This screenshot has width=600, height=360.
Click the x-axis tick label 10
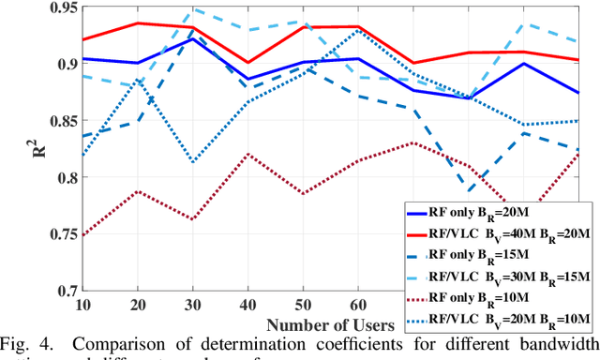[x=83, y=307]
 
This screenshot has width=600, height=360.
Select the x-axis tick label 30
[x=193, y=307]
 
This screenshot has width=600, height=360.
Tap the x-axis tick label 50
[x=302, y=307]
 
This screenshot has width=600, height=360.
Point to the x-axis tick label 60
[x=357, y=307]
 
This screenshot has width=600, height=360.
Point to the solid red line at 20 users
[x=138, y=23]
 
